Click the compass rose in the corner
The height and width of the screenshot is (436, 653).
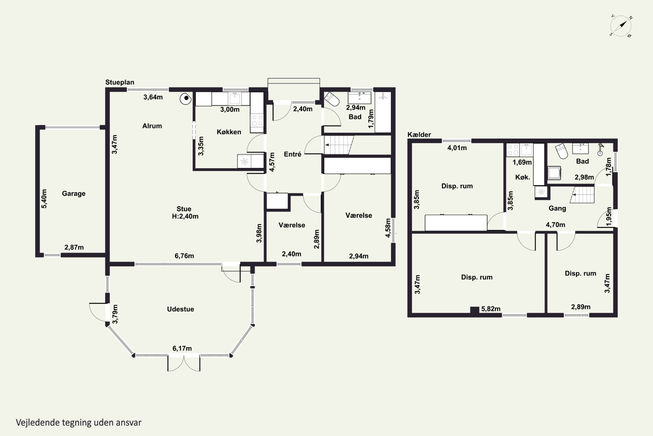point(621,26)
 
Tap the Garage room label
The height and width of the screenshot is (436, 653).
point(74,194)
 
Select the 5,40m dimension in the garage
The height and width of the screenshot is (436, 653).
point(44,199)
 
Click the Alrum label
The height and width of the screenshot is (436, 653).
point(152,126)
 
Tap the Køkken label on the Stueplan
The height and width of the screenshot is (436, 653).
point(229,132)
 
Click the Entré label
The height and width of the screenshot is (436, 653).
point(292,154)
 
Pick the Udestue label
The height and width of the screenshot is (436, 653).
point(180,309)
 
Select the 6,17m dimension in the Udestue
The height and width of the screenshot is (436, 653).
point(182,348)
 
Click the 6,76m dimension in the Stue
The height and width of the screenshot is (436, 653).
point(184,256)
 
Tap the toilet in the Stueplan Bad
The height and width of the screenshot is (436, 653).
point(332,99)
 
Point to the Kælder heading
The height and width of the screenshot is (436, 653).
point(419,135)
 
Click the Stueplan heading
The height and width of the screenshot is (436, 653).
point(120,82)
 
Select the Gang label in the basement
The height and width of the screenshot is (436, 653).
point(557,208)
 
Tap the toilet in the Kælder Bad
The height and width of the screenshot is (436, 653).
point(562,151)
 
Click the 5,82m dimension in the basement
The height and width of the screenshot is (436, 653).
point(491,309)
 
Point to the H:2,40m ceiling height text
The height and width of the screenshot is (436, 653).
point(185,216)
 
